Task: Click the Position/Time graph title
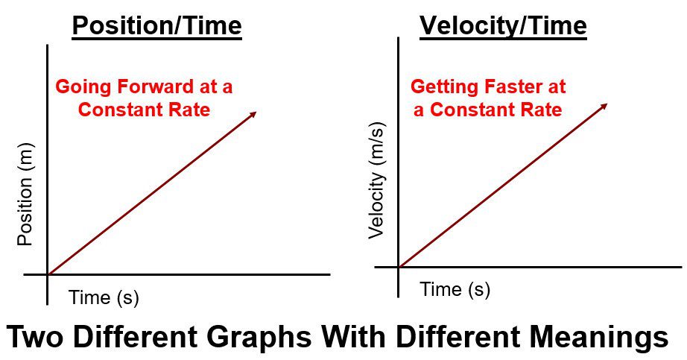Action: (156, 27)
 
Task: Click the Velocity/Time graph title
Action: (503, 27)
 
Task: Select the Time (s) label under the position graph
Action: (104, 297)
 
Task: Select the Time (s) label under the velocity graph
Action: (455, 289)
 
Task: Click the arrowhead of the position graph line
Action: (254, 114)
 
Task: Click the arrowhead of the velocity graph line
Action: (605, 105)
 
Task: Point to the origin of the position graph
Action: (48, 274)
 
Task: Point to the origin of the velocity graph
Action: (399, 266)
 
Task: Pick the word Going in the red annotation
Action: (80, 86)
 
